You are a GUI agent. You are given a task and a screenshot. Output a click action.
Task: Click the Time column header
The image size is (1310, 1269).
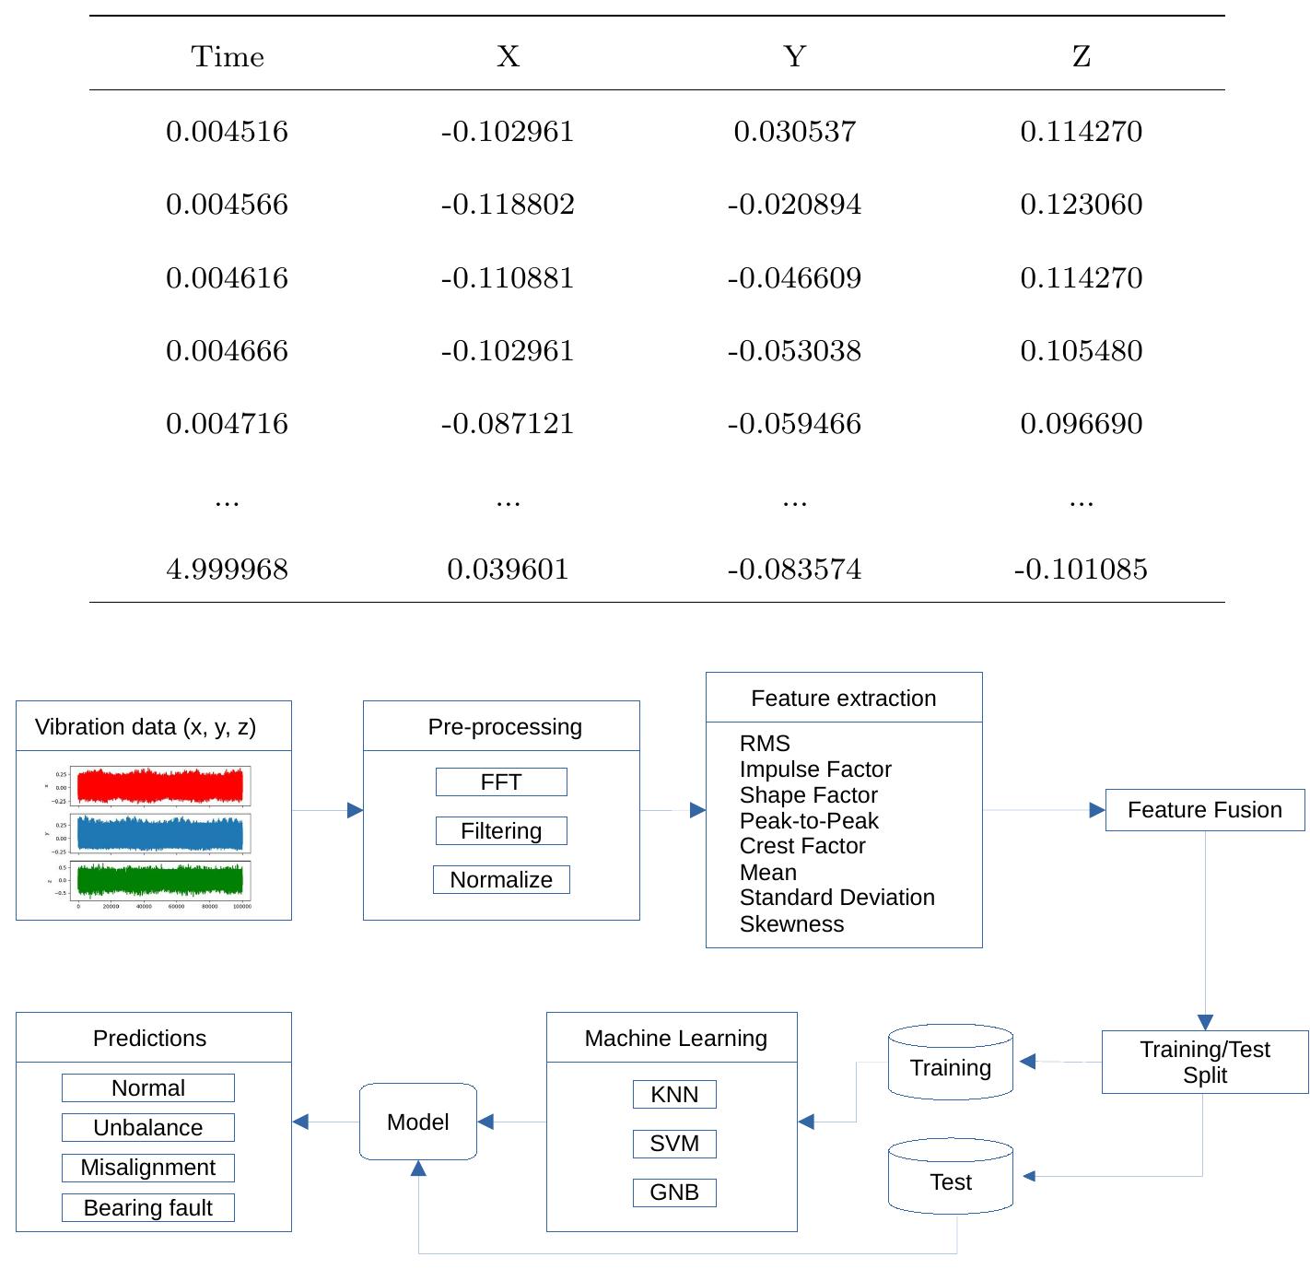click(x=228, y=57)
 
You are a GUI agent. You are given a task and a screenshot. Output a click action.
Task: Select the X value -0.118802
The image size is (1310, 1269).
click(x=508, y=204)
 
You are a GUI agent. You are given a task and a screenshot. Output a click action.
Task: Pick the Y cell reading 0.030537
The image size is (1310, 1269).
click(x=794, y=131)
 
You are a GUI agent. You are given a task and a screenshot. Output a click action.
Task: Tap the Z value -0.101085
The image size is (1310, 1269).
click(x=1081, y=569)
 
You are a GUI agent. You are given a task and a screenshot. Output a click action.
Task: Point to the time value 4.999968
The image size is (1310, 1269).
click(x=227, y=569)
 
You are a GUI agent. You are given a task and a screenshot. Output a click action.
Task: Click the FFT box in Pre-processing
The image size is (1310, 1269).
click(x=501, y=782)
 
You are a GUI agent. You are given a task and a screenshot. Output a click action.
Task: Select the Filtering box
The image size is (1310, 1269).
click(x=501, y=831)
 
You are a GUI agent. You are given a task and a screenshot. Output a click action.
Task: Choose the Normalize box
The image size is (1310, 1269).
click(x=501, y=880)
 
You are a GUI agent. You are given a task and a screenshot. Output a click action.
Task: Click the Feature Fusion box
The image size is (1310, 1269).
click(x=1204, y=810)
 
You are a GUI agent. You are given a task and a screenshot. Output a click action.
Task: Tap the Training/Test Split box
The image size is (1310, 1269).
click(x=1204, y=1062)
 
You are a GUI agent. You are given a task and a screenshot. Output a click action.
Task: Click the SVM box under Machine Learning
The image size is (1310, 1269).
click(x=674, y=1144)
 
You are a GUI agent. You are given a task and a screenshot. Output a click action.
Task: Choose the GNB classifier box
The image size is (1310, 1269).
click(x=674, y=1193)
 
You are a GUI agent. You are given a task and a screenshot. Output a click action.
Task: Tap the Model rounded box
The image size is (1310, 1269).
click(x=418, y=1122)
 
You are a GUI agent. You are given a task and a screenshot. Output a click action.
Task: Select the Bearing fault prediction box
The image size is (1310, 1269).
click(x=148, y=1208)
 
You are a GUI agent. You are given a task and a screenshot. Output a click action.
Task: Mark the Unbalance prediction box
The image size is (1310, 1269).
click(x=148, y=1128)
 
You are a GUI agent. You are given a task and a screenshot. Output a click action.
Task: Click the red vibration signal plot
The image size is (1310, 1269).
click(x=160, y=786)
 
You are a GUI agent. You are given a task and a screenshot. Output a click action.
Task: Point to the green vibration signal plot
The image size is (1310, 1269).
click(x=160, y=880)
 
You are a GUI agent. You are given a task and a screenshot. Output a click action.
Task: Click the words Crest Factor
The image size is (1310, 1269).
click(x=802, y=846)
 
